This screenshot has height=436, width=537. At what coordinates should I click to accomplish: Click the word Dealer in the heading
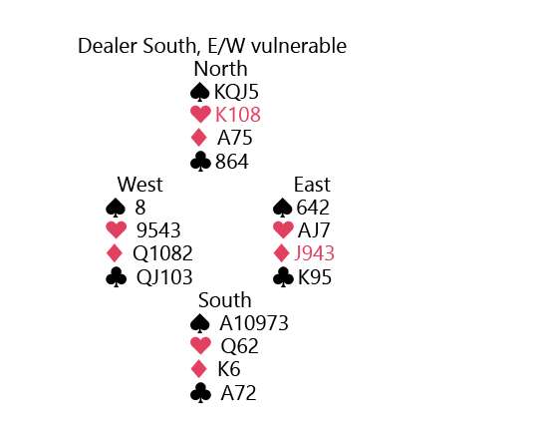coord(108,46)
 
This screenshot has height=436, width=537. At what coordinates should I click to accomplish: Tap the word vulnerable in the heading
coord(299,46)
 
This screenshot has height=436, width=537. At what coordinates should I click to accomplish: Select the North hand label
coord(220,69)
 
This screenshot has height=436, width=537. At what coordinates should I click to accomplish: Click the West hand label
coord(139,185)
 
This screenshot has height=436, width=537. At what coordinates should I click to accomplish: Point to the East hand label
coord(312,185)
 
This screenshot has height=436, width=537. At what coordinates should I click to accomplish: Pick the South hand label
coord(225,300)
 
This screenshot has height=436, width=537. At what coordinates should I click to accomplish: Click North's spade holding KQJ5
coord(236,92)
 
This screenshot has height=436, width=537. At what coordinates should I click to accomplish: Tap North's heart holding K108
coord(238,115)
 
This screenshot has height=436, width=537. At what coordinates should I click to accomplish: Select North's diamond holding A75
coord(234,138)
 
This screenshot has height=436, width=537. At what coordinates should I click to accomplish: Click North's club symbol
coord(200,162)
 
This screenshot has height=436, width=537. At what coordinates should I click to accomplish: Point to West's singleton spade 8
coord(140,208)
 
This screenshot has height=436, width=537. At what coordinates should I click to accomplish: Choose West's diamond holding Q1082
coord(162,253)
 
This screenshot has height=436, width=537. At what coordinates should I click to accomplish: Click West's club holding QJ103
coord(164,277)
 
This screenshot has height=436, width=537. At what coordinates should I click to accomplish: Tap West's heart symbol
coord(117,229)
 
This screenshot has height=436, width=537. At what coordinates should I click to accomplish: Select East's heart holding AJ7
coord(314,230)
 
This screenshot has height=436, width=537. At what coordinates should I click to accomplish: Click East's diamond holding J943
coord(315,253)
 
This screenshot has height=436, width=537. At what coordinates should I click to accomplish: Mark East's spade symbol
coord(283,208)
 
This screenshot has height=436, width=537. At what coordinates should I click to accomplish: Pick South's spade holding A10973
coord(254,323)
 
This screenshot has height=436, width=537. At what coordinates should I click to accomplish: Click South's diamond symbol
coord(199,369)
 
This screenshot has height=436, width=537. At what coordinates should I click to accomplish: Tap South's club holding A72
coord(238,393)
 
